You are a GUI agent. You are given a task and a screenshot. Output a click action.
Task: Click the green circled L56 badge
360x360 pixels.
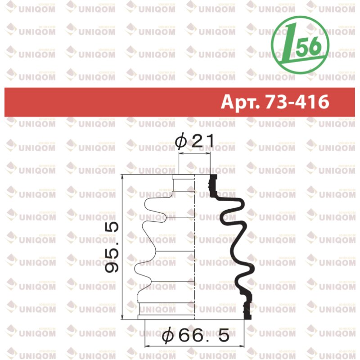tap(300, 45)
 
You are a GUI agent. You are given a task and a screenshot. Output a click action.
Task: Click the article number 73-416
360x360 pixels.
tap(297, 102)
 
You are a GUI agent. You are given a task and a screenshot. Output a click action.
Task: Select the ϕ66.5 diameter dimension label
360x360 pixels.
tap(195, 335)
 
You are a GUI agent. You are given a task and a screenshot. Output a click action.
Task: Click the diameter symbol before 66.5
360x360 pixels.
tap(168, 335)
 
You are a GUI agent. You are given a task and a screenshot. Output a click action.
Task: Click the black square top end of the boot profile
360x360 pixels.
tap(214, 177)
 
